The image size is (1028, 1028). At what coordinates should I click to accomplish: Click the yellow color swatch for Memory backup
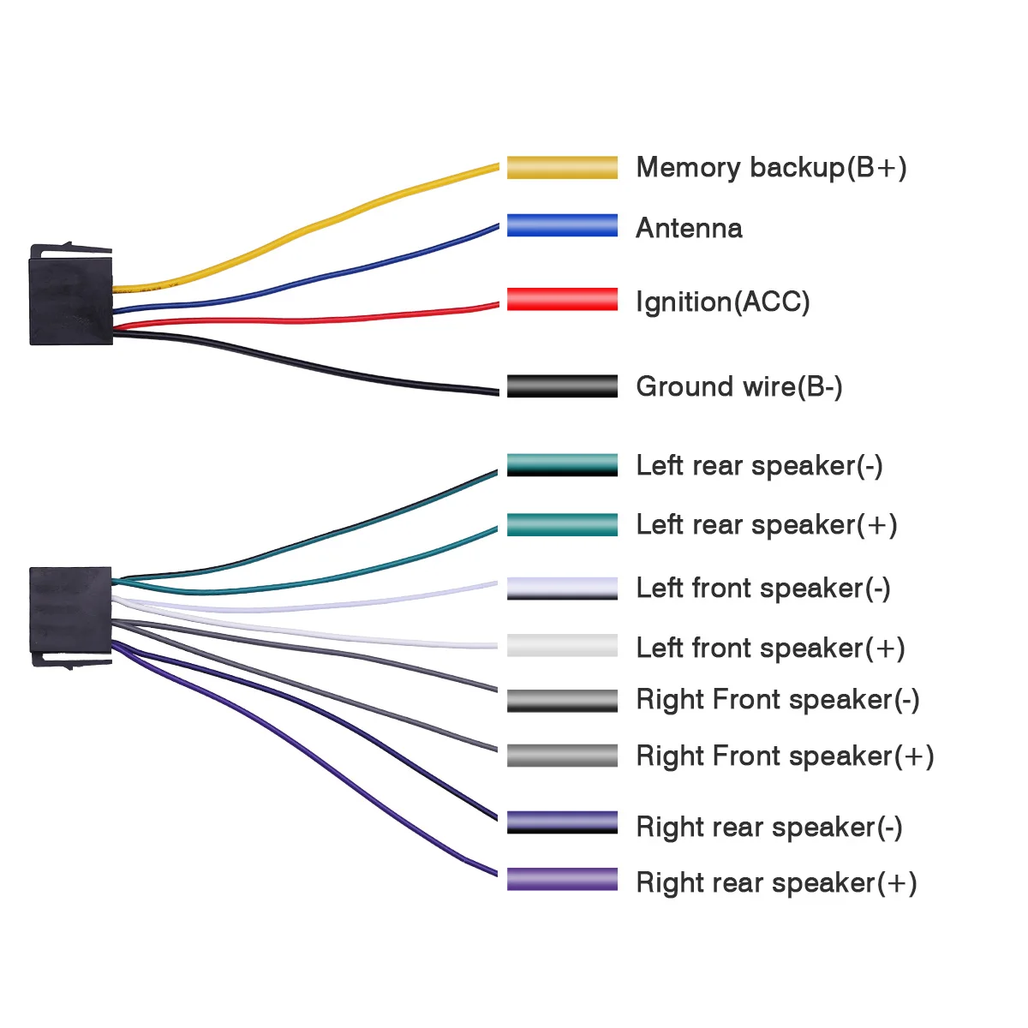pos(562,168)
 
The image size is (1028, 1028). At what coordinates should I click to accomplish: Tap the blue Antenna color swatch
pos(562,225)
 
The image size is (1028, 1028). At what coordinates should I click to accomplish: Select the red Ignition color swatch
pos(562,299)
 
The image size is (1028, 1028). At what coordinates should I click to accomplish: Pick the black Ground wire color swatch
pos(562,386)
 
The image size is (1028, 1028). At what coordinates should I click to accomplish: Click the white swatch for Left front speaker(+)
pos(562,646)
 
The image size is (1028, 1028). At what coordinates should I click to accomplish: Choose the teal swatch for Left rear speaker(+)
pos(562,525)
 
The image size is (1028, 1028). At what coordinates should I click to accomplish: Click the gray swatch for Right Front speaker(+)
pos(562,756)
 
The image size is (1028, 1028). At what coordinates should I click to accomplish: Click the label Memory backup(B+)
pos(771,168)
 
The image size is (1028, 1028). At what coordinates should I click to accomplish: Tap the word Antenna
pos(689,228)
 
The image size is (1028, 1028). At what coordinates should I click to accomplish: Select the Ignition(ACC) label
pos(723,302)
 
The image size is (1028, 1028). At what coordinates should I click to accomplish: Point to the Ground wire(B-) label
pos(738,386)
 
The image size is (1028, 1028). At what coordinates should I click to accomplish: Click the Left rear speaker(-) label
pos(759,465)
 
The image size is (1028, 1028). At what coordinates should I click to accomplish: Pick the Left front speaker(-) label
pos(763,589)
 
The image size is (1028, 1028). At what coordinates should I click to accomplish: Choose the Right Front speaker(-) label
pos(777,699)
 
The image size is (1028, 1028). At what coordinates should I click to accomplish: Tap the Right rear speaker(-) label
pos(768,828)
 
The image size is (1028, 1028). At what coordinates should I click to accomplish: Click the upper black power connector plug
pos(71,295)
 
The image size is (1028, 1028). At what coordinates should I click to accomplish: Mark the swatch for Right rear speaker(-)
pos(562,822)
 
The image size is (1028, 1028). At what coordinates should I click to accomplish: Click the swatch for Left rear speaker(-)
pos(562,464)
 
